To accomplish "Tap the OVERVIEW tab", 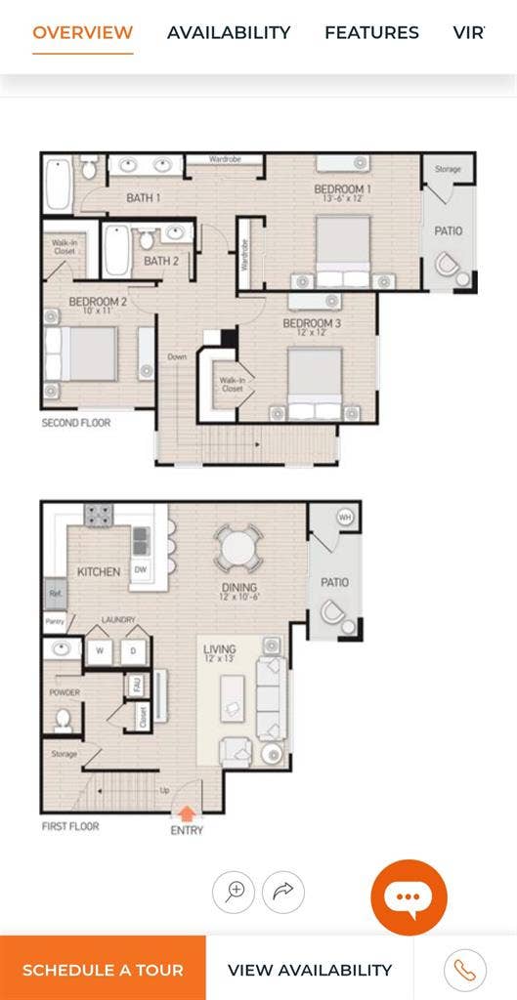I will [82, 32].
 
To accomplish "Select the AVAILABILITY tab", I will [229, 32].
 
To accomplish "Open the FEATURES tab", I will [371, 32].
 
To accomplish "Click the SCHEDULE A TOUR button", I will [103, 970].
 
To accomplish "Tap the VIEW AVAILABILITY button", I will [309, 970].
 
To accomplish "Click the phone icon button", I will [464, 970].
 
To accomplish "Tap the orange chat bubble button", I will [409, 897].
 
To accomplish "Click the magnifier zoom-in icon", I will [235, 892].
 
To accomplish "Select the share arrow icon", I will [283, 892].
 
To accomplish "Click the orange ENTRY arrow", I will [187, 812].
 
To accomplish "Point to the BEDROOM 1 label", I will [342, 188].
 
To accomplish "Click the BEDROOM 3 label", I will [312, 323].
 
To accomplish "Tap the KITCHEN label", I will [99, 571].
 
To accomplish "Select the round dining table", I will [238, 549].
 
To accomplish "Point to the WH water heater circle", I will [344, 517].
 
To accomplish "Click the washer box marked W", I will [99, 650].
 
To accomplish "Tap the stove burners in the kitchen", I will [98, 514].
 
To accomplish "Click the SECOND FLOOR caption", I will [76, 423].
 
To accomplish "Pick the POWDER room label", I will [64, 692].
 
